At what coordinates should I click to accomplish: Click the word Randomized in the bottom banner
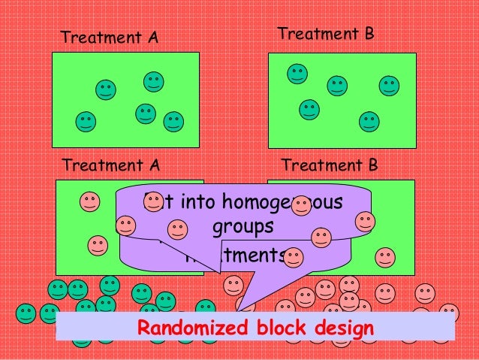tap(192, 328)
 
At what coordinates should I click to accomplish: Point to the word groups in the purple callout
tap(243, 227)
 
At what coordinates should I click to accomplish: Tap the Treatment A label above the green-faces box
tap(109, 37)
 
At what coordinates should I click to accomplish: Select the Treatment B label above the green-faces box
tap(325, 35)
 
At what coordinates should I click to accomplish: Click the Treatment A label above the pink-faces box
tap(110, 165)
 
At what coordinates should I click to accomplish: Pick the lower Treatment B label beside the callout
tap(329, 165)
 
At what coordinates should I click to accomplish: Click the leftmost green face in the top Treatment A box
tap(86, 120)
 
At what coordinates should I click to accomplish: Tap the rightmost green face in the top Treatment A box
tap(173, 120)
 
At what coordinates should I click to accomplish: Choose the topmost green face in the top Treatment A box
tap(154, 81)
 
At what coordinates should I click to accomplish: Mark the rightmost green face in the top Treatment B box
tap(389, 86)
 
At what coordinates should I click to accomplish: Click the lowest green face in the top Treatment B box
tap(369, 121)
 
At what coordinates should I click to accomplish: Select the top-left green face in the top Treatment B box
tap(297, 74)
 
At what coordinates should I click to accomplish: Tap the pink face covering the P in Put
tap(154, 201)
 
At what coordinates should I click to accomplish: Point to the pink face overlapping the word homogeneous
tap(301, 205)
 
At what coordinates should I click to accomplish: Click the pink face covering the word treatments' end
tap(294, 258)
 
